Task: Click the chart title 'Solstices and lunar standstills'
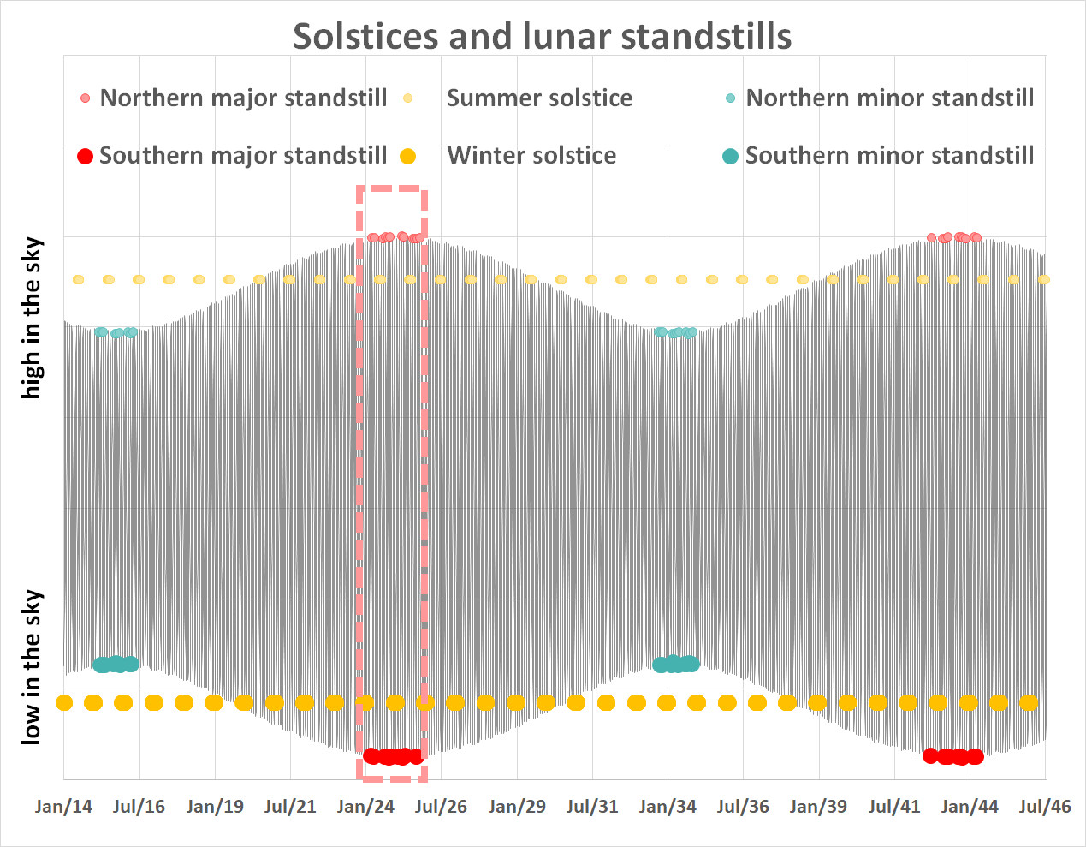tap(542, 36)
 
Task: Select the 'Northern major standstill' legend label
tap(243, 98)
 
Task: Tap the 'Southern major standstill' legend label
tap(243, 156)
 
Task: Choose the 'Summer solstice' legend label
tap(539, 98)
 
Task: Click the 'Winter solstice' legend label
tap(531, 156)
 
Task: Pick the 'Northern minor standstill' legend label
tap(889, 98)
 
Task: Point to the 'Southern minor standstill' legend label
tap(889, 156)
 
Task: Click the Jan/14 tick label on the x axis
tap(63, 807)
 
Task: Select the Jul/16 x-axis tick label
tap(139, 807)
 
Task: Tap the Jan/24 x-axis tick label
tap(365, 807)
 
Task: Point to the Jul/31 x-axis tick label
tap(592, 807)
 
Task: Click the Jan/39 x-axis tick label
tap(818, 807)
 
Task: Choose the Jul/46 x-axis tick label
tap(1044, 807)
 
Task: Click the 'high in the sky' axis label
tap(32, 318)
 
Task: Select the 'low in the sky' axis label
tap(32, 666)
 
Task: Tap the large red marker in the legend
tap(85, 156)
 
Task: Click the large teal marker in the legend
tap(730, 156)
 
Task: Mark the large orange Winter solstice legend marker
tap(408, 156)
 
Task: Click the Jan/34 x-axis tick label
tap(668, 807)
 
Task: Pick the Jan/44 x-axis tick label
tap(970, 807)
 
